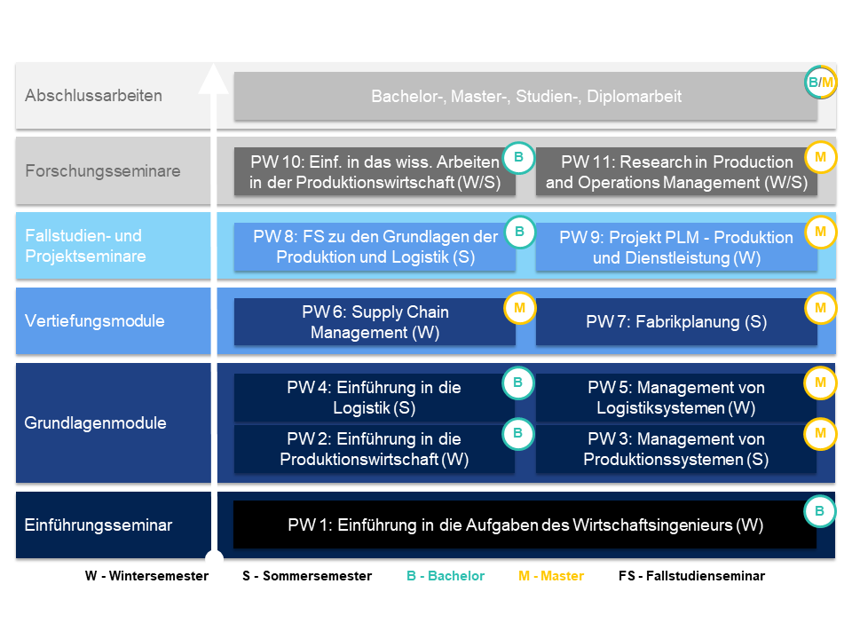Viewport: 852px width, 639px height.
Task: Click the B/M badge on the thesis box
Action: (x=820, y=82)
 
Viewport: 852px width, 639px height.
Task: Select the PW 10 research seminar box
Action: (x=375, y=171)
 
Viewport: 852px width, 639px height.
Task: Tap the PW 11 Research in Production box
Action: (x=676, y=171)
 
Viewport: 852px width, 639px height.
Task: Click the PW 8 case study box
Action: (x=375, y=247)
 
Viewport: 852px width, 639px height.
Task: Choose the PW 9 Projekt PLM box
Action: (x=676, y=247)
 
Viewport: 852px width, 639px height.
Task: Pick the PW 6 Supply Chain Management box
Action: (x=375, y=321)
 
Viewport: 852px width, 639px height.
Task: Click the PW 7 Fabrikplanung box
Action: (x=676, y=321)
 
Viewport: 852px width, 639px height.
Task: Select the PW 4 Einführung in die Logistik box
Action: (x=375, y=398)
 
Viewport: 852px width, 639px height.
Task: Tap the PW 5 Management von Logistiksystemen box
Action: (x=676, y=398)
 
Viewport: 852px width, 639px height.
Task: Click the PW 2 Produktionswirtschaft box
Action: (x=375, y=449)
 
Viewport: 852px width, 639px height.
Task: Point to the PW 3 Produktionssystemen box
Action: (x=676, y=449)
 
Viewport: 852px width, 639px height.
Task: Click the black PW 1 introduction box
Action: (x=525, y=525)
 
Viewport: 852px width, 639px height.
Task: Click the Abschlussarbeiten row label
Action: (x=93, y=96)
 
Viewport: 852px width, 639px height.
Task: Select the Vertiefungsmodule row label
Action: (x=95, y=320)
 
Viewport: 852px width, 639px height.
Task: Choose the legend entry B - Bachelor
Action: (x=446, y=576)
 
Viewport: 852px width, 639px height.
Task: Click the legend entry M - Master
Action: (x=551, y=576)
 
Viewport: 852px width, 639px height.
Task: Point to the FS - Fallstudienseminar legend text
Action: (x=691, y=576)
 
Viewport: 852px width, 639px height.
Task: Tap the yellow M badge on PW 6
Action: (x=519, y=308)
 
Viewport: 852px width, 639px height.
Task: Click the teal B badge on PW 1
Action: (x=819, y=511)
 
